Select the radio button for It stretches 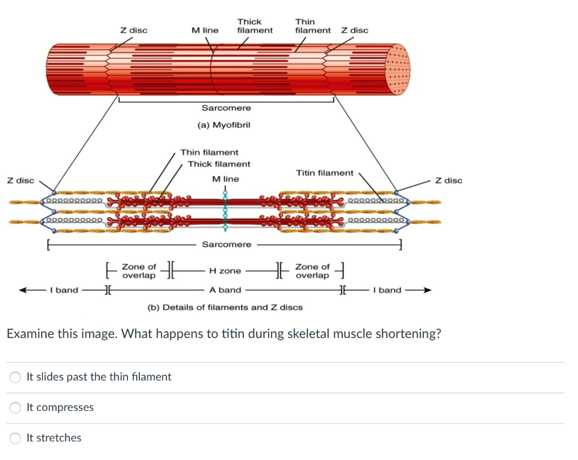click(x=16, y=438)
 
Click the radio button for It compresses click(x=16, y=408)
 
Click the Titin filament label click(x=325, y=173)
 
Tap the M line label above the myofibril click(x=205, y=30)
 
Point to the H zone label click(x=225, y=271)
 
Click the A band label click(x=225, y=290)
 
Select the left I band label click(x=64, y=290)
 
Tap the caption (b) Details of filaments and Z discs click(x=225, y=307)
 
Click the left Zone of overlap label click(x=139, y=271)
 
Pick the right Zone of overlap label click(x=312, y=271)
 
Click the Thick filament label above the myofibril click(x=255, y=26)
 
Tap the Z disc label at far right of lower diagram click(x=449, y=180)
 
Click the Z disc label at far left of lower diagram click(x=20, y=180)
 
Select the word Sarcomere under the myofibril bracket click(x=226, y=108)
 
